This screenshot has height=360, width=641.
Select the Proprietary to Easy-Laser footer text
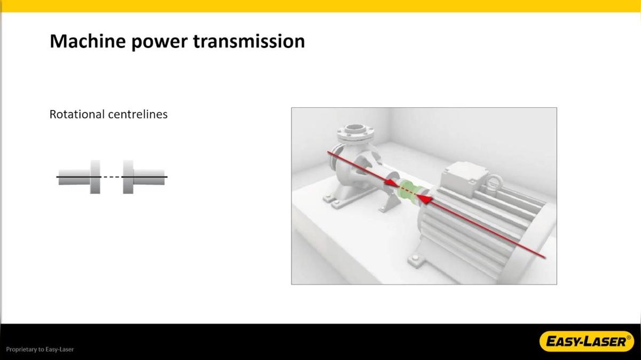pyautogui.click(x=40, y=349)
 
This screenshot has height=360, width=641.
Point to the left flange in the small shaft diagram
pyautogui.click(x=95, y=176)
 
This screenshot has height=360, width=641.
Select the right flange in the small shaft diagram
pyautogui.click(x=128, y=176)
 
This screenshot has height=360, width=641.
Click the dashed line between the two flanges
pyautogui.click(x=112, y=176)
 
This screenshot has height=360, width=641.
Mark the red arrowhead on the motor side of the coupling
pyautogui.click(x=423, y=199)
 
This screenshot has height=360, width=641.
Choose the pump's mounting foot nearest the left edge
pyautogui.click(x=329, y=199)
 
